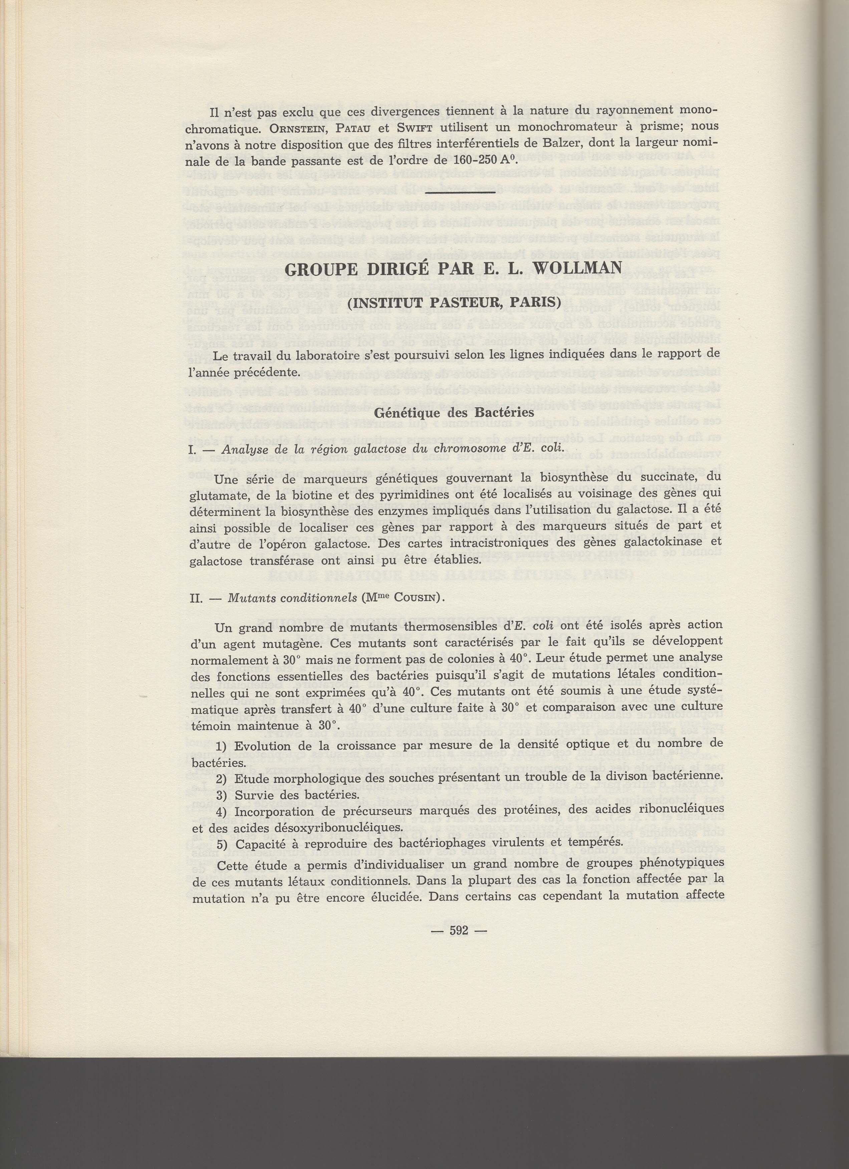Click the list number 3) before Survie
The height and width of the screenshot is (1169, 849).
pyautogui.click(x=222, y=794)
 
